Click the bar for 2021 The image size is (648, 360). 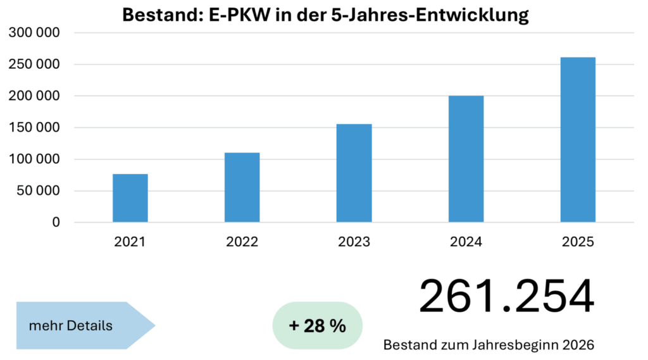(x=130, y=198)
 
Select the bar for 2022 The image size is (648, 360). (x=242, y=187)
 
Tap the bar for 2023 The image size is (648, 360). (x=354, y=173)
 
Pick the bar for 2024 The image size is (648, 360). (x=466, y=159)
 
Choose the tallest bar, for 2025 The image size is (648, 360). (x=578, y=140)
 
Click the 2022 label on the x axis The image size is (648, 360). (x=242, y=242)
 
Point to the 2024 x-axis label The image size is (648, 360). (x=466, y=242)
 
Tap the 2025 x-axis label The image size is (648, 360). (x=578, y=242)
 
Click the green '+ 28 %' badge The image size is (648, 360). (x=317, y=326)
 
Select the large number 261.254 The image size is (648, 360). (x=506, y=297)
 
